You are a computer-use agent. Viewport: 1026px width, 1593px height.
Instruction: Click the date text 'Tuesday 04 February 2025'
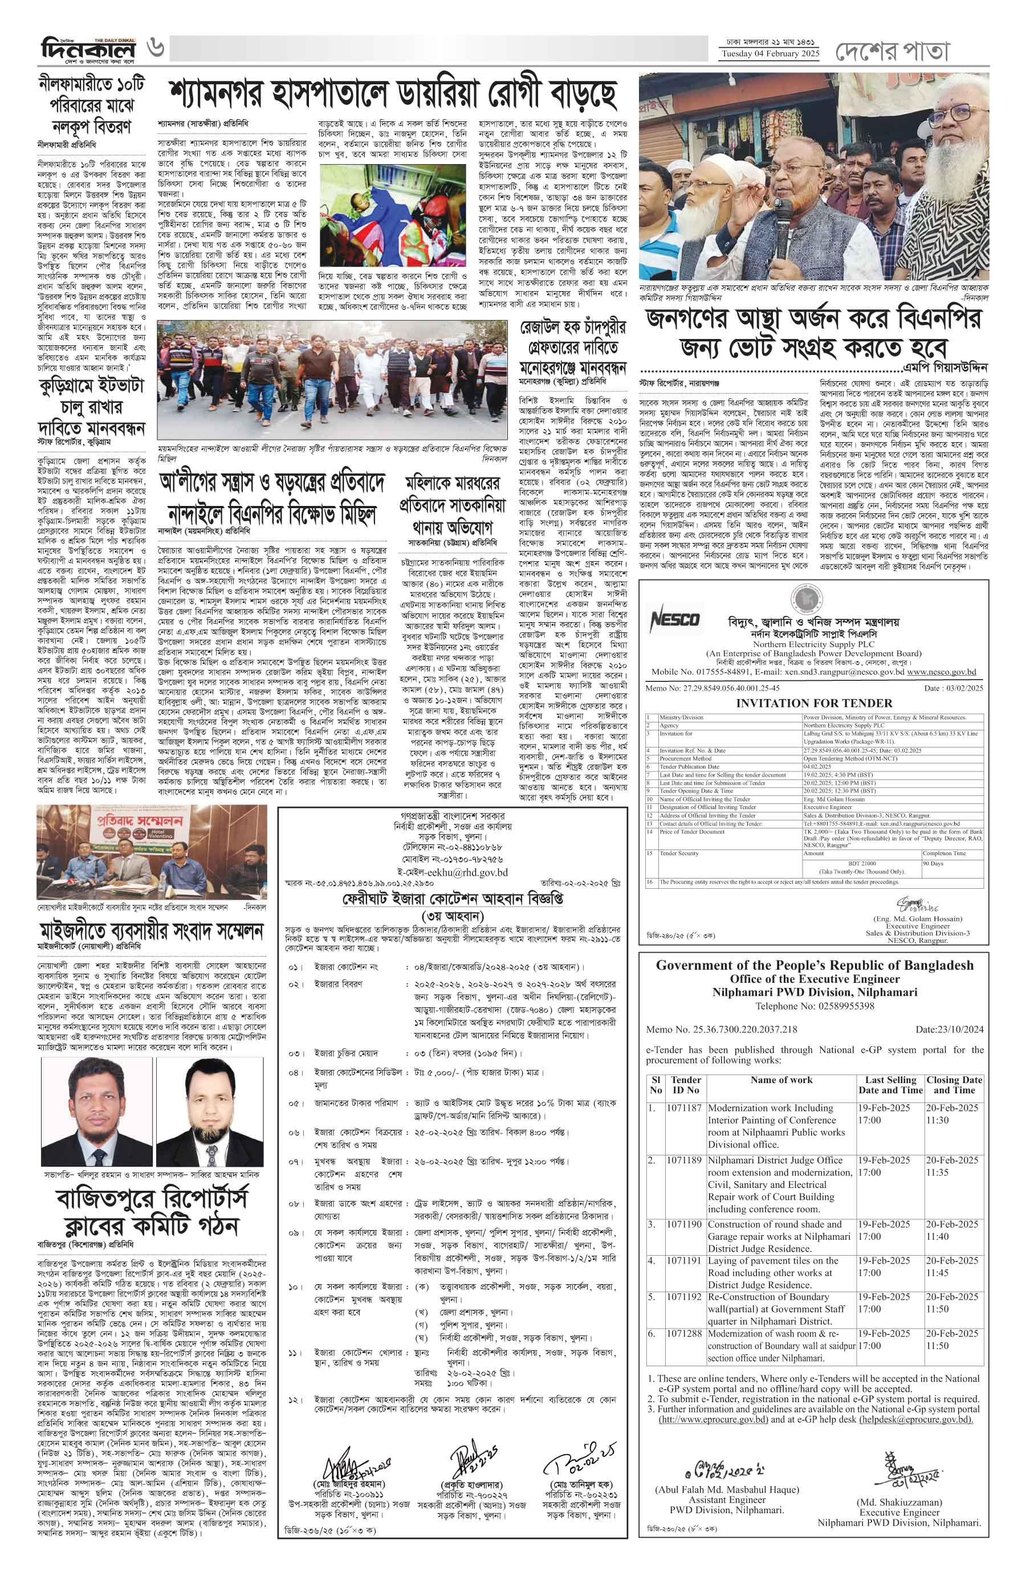coord(769,54)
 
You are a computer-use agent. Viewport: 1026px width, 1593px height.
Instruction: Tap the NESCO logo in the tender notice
coord(675,620)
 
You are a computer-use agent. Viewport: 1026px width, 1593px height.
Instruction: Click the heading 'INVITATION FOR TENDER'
coord(813,703)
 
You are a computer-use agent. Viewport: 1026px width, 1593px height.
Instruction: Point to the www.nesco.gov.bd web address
coord(942,672)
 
